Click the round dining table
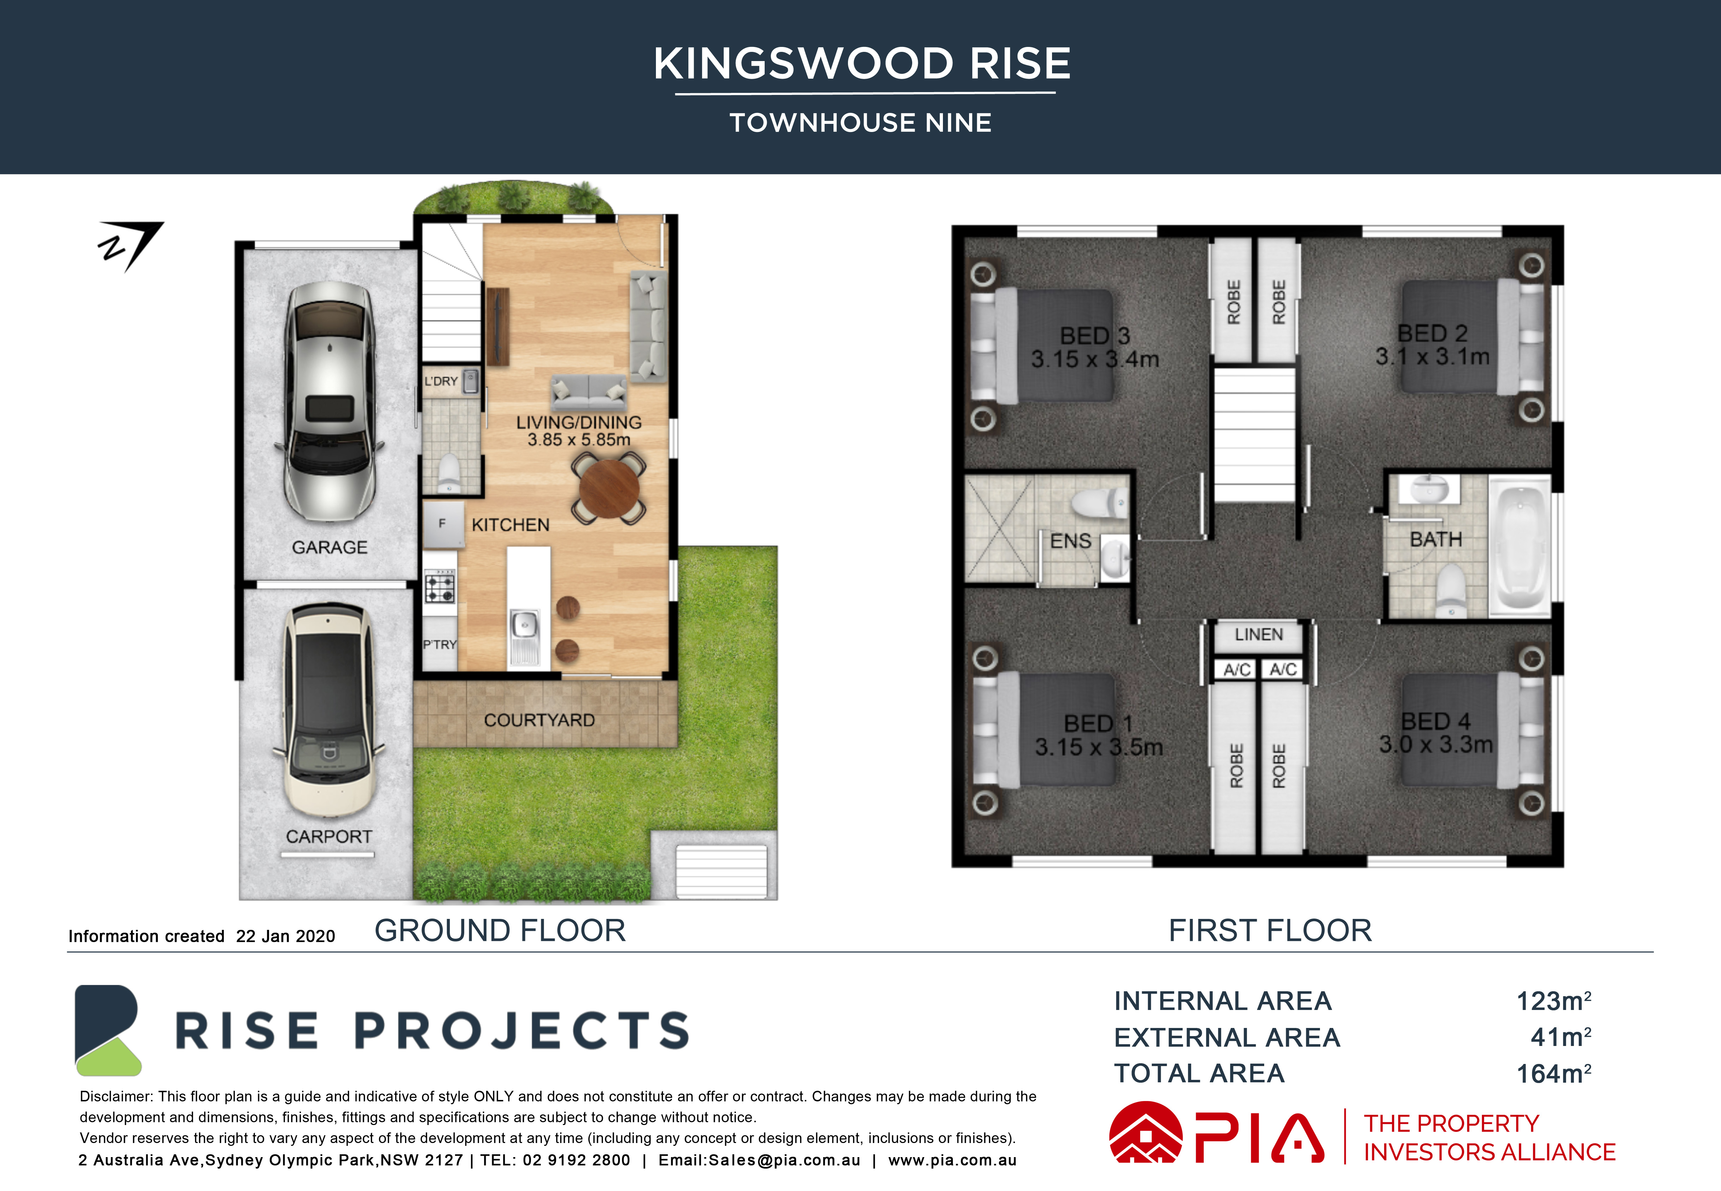point(609,489)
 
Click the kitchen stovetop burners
point(440,586)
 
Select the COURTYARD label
point(539,720)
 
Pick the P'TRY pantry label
point(440,645)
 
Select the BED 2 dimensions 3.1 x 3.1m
point(1432,357)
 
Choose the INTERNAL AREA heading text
point(1223,1001)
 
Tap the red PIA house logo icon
point(1146,1133)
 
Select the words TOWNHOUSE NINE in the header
point(861,122)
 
